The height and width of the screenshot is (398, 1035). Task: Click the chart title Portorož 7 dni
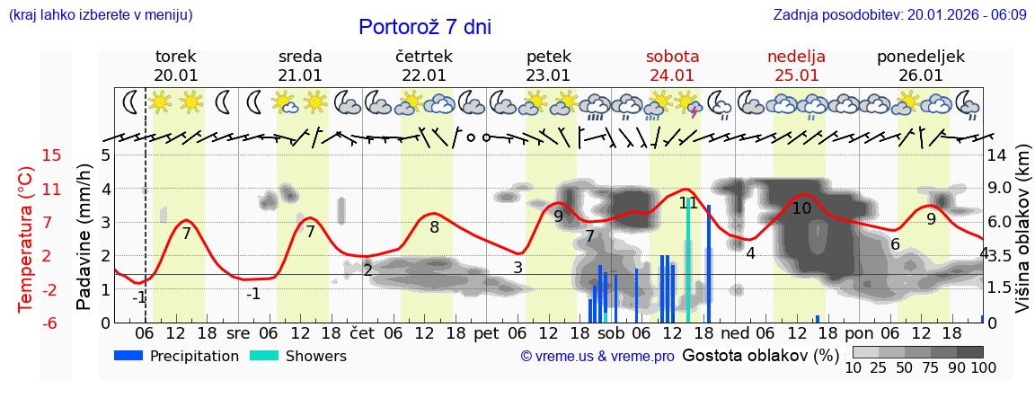425,27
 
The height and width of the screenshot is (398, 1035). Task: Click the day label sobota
672,57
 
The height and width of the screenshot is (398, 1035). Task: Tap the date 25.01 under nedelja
796,75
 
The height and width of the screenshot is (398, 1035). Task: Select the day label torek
175,57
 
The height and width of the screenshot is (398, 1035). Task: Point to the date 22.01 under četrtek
424,75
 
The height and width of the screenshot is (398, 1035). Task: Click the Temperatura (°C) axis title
26,238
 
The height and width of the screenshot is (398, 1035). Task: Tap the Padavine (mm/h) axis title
84,238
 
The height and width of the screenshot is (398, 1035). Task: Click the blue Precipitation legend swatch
128,356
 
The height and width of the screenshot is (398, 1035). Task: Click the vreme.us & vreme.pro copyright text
597,357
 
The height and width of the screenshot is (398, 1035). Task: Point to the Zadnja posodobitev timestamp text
899,15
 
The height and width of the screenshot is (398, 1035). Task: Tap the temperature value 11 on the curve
688,203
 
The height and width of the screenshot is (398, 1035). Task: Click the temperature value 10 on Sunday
801,208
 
